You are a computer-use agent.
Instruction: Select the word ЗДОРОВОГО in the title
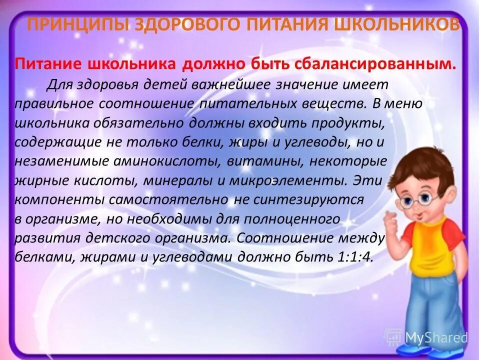tap(171, 24)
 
